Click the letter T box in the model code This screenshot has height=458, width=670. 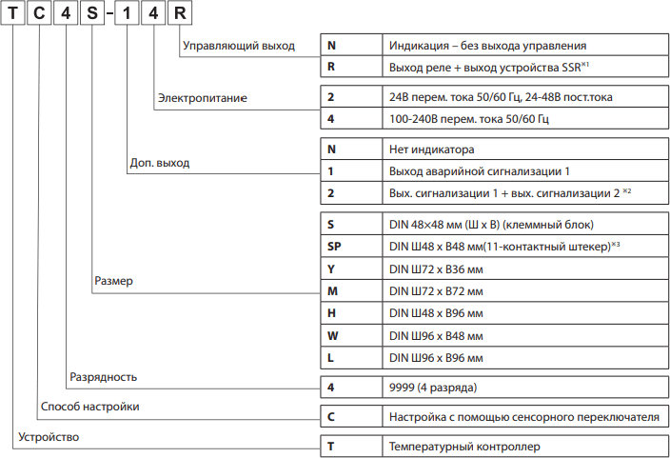tap(13, 17)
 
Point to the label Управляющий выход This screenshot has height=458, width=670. tap(239, 45)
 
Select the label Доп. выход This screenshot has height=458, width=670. tap(159, 163)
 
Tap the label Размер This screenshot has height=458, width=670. tap(114, 282)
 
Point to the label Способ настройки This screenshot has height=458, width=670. tap(90, 407)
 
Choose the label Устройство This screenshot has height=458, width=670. tap(48, 437)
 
